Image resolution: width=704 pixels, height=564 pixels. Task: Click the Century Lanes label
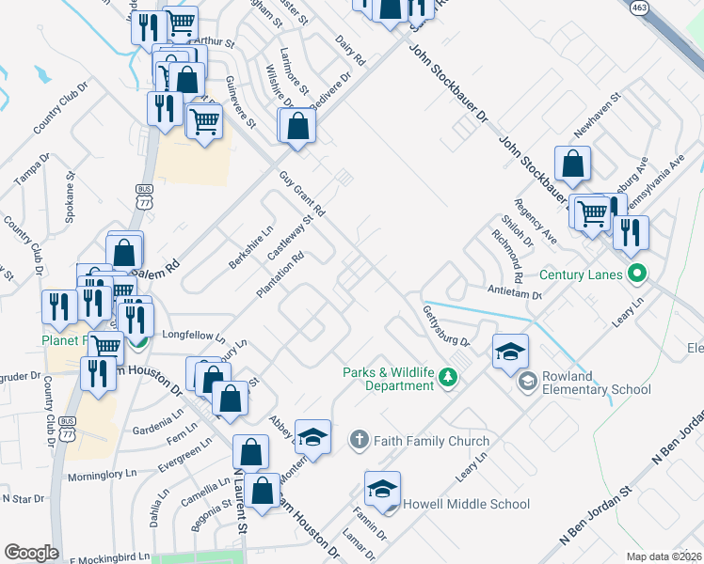pos(581,274)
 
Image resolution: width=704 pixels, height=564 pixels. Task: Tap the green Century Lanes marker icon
pos(637,274)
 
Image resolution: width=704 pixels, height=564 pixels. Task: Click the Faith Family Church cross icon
pos(359,440)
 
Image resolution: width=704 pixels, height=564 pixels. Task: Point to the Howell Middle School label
pos(466,504)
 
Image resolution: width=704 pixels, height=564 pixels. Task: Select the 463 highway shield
pos(640,8)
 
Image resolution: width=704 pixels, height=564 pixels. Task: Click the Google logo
pos(31,553)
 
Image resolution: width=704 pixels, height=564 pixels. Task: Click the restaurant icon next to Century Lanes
pos(631,231)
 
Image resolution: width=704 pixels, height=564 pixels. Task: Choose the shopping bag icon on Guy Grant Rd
pos(296,127)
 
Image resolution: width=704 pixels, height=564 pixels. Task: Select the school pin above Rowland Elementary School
pos(510,352)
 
